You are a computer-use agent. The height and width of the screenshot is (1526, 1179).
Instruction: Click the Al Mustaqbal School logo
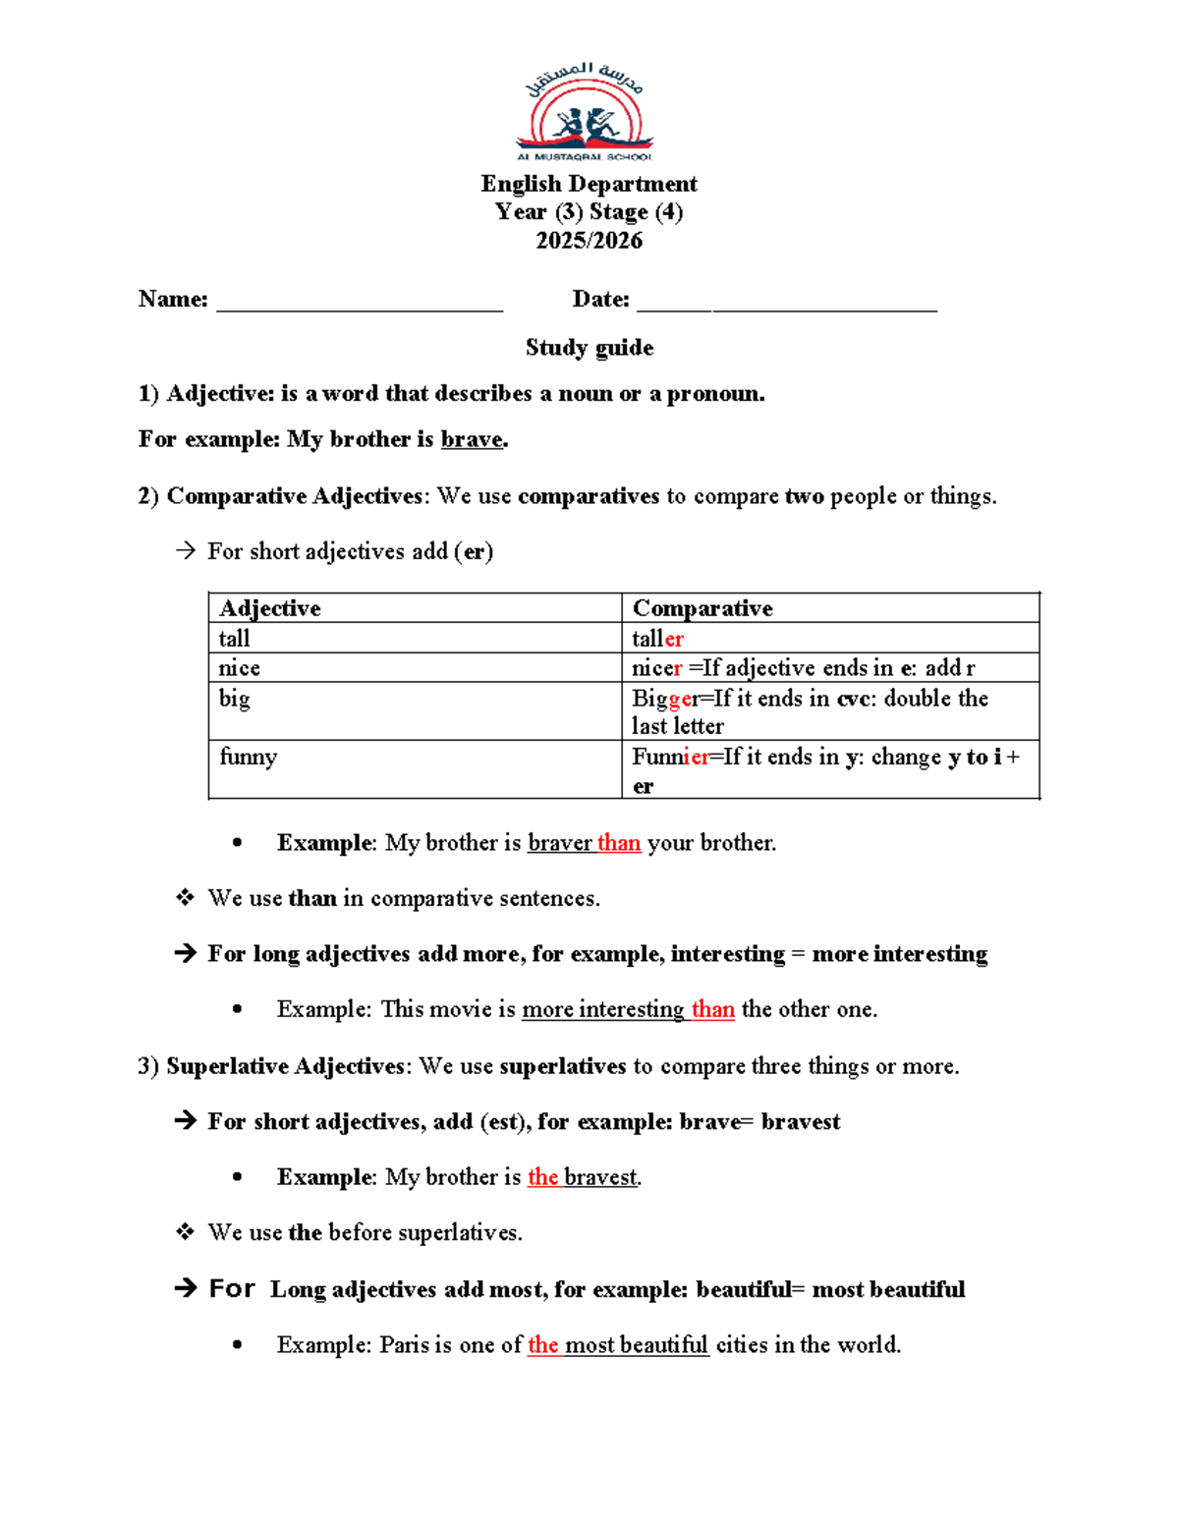586,113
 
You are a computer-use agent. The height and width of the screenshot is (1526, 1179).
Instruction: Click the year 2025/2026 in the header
589,241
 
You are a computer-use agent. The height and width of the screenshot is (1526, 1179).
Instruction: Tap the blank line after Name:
359,305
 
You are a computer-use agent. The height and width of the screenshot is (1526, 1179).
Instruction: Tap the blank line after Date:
786,305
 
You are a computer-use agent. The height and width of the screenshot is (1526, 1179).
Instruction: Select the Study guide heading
589,348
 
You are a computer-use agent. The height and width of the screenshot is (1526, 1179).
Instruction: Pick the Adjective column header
270,608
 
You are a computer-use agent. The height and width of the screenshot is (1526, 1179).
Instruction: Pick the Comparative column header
702,608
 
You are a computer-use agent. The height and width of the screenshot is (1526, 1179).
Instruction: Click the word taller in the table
657,639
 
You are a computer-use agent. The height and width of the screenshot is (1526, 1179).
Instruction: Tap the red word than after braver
619,843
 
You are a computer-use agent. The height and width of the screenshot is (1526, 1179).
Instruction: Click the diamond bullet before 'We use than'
185,897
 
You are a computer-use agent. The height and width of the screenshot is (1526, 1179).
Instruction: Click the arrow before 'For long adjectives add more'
185,953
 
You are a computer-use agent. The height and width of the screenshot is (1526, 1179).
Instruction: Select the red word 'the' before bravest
542,1177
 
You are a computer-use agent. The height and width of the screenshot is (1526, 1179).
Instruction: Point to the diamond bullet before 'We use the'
185,1231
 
